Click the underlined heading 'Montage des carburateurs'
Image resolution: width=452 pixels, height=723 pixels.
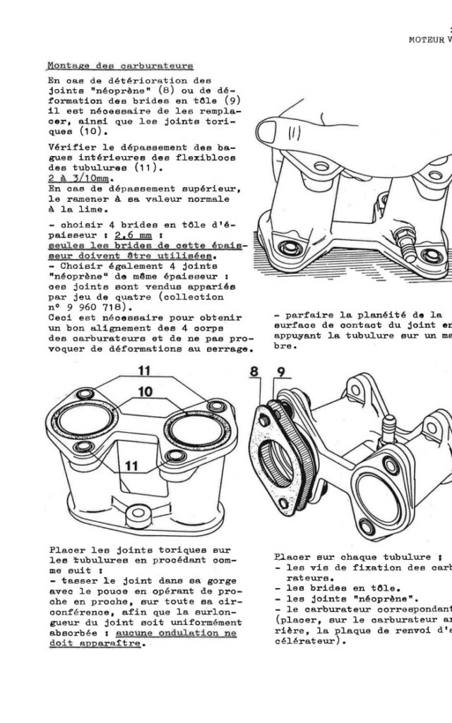tap(120, 66)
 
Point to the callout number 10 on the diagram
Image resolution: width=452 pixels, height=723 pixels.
tap(145, 390)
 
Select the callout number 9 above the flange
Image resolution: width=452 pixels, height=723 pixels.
tap(280, 371)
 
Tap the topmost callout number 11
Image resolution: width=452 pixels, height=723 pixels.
tap(144, 371)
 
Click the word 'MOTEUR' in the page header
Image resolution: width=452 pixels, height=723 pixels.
tap(427, 40)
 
